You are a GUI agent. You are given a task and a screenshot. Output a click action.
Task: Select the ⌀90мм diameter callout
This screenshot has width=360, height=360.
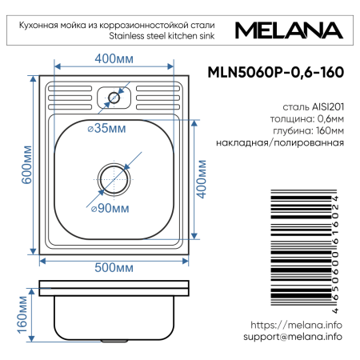click(x=110, y=209)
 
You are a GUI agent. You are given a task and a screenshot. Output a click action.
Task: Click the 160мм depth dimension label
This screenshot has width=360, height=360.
click(x=23, y=315)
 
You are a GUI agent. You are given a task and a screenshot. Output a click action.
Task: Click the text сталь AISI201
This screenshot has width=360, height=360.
click(x=313, y=106)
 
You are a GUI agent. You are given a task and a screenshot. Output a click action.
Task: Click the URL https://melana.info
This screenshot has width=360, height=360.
click(x=296, y=325)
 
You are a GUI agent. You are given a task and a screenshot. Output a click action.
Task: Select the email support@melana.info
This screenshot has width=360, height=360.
click(x=292, y=337)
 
